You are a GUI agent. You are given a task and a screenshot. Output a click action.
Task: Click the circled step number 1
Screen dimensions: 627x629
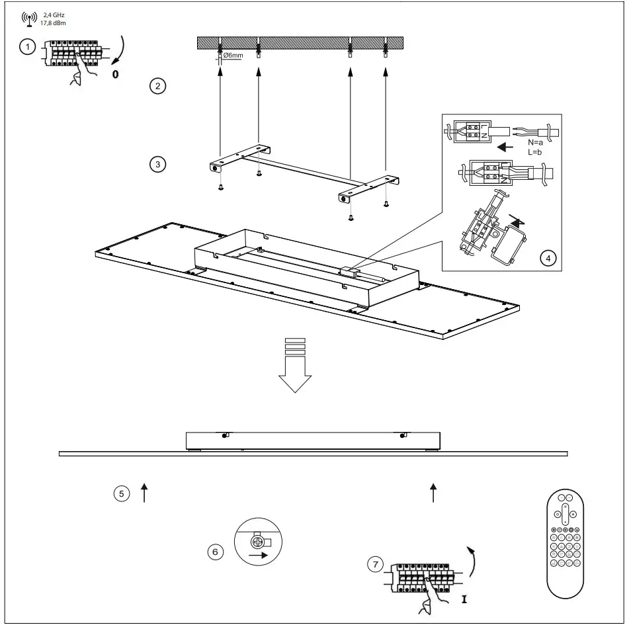click(27, 48)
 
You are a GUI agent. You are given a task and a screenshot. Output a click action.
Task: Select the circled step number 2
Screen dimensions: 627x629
click(157, 87)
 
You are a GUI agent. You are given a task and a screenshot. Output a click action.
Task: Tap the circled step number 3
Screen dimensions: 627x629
click(157, 164)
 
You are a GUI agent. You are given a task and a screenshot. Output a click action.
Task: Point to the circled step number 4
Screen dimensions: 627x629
click(546, 259)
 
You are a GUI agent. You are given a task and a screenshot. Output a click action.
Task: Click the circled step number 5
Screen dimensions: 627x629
click(121, 493)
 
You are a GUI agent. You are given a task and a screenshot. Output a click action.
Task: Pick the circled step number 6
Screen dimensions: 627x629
click(214, 551)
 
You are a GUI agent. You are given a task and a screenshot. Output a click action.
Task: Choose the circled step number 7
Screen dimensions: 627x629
click(376, 564)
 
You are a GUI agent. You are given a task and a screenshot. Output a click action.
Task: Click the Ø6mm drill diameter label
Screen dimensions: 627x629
click(233, 56)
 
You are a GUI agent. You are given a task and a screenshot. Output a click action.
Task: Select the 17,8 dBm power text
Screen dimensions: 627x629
click(53, 22)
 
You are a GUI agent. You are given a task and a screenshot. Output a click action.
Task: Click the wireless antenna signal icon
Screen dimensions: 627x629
click(30, 18)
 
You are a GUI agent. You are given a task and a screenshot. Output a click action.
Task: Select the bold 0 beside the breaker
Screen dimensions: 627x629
click(115, 74)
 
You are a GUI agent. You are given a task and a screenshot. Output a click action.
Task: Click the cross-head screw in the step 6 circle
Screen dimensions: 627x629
click(256, 542)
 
